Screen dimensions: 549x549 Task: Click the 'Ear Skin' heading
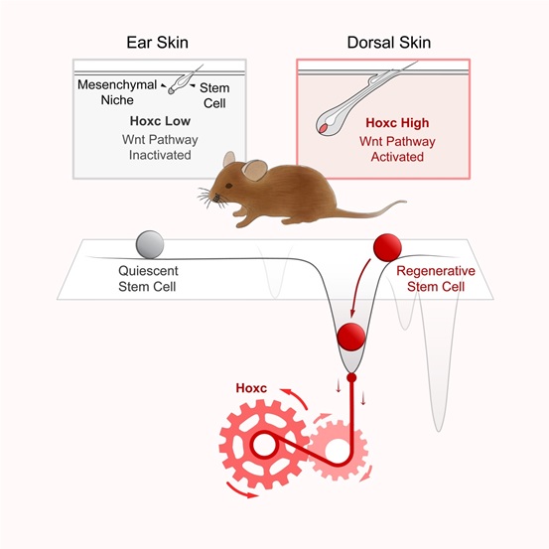tap(157, 43)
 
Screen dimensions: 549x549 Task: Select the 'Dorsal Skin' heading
tap(388, 43)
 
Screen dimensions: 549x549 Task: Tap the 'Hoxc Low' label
tap(160, 121)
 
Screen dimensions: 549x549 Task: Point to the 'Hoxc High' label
tap(397, 123)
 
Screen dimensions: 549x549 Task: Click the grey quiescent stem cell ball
tap(150, 244)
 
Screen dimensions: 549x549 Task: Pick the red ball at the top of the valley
tap(387, 247)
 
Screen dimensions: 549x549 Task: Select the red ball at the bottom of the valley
tap(350, 337)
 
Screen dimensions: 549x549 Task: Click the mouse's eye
tap(228, 186)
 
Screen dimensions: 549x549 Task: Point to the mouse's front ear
tap(255, 170)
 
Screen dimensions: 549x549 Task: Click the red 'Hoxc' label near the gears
tap(251, 388)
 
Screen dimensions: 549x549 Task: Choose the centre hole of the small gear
tap(337, 449)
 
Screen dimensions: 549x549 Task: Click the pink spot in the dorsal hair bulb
tap(323, 128)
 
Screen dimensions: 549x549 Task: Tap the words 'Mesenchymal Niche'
tap(117, 92)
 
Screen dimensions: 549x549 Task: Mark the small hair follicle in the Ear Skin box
tap(181, 82)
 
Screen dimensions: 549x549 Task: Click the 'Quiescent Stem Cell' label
tap(148, 279)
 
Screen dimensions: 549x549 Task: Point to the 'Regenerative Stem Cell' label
tap(436, 279)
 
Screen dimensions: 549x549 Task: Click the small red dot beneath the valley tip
tap(351, 378)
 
